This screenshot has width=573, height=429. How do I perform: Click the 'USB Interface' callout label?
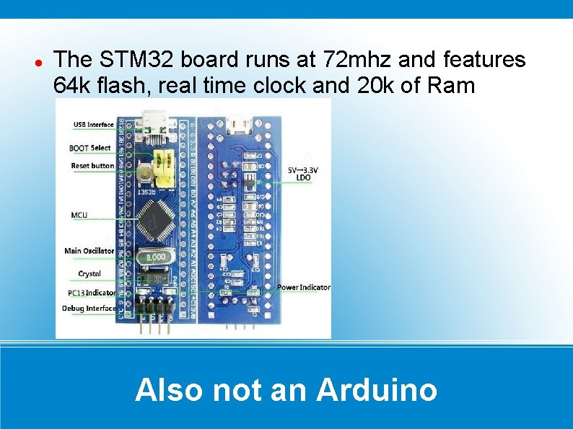(93, 125)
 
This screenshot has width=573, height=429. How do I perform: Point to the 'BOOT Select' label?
(90, 148)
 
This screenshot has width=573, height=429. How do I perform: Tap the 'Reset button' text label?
(92, 166)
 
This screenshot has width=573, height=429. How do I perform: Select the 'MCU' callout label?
(79, 215)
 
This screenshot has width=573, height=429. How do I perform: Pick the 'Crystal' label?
(89, 274)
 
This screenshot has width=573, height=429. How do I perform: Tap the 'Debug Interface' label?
(89, 309)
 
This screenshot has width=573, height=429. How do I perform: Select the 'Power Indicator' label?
(304, 287)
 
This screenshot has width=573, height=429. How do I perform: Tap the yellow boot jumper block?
(169, 168)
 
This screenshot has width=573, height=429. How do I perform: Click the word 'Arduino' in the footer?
(377, 390)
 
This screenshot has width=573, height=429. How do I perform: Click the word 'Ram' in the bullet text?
(451, 85)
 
